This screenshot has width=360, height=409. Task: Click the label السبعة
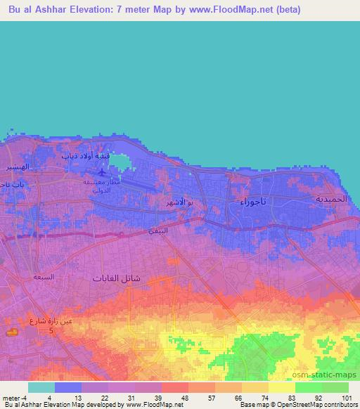point(44,277)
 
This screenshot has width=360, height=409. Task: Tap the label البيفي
point(157,231)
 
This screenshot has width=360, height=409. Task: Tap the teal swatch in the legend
point(41,387)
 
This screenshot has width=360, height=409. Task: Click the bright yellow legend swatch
point(281,387)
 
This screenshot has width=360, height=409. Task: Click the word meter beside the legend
point(9,398)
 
